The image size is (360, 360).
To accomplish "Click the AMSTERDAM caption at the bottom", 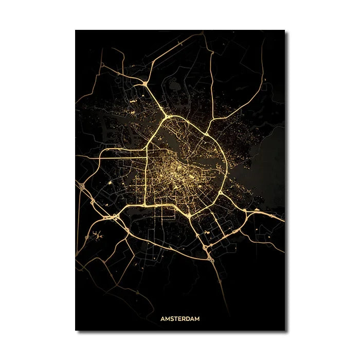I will point(179,318).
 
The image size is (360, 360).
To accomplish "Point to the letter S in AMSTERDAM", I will point(171,318).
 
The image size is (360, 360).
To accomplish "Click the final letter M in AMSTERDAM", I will point(198,318).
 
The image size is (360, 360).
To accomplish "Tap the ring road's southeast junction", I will point(220,194).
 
